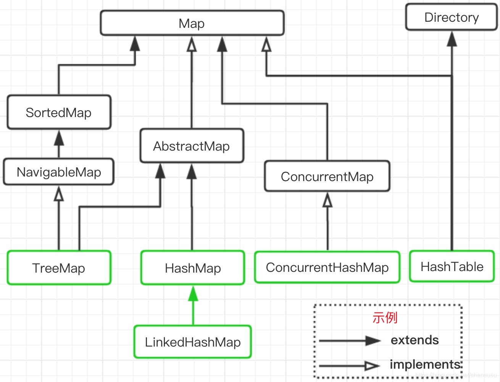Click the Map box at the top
tap(192, 23)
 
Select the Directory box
tap(451, 17)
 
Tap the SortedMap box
tap(59, 112)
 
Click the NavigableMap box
tap(59, 172)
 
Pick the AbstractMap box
tap(192, 146)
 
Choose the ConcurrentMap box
tap(327, 177)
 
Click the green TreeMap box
tap(59, 268)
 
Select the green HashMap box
tap(193, 268)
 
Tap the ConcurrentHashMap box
tap(327, 267)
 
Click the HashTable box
tap(452, 266)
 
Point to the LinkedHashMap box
tap(193, 342)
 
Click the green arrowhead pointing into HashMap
tap(193, 294)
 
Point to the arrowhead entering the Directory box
tap(452, 39)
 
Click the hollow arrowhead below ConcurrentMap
tap(327, 200)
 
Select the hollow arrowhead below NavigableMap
tap(59, 194)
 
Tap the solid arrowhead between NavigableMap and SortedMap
tap(59, 138)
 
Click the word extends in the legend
tap(415, 340)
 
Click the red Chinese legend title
tap(385, 317)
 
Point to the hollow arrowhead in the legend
tap(372, 366)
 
